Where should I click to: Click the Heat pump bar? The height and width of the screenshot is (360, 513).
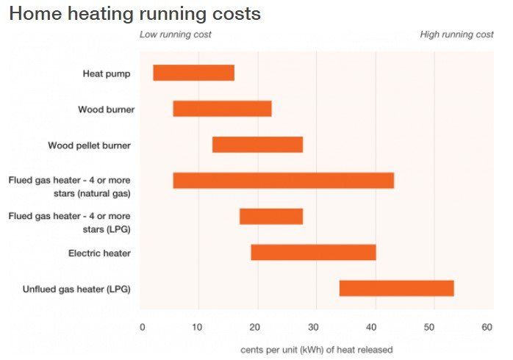pyautogui.click(x=193, y=73)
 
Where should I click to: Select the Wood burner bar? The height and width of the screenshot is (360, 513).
pyautogui.click(x=222, y=109)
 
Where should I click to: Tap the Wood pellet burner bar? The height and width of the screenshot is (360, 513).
pyautogui.click(x=257, y=145)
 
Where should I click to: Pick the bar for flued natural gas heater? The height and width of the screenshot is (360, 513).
pyautogui.click(x=283, y=181)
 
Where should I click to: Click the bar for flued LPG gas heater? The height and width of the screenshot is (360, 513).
pyautogui.click(x=271, y=216)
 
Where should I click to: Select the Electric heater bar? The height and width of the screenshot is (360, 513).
pyautogui.click(x=313, y=252)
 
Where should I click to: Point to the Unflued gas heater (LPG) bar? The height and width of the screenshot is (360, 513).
pyautogui.click(x=396, y=288)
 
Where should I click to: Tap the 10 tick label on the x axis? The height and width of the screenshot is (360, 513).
pyautogui.click(x=197, y=327)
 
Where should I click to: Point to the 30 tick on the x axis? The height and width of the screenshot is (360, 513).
pyautogui.click(x=313, y=327)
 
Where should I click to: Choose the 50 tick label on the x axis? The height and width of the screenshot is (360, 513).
pyautogui.click(x=429, y=327)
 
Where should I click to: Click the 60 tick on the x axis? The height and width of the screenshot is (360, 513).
pyautogui.click(x=487, y=327)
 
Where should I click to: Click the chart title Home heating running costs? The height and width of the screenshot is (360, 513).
pyautogui.click(x=134, y=13)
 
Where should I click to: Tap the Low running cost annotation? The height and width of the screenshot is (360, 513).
pyautogui.click(x=176, y=35)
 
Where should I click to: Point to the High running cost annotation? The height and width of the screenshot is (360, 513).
pyautogui.click(x=456, y=35)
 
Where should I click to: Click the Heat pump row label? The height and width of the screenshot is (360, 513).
pyautogui.click(x=107, y=73)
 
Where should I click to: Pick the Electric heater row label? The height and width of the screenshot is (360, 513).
pyautogui.click(x=99, y=253)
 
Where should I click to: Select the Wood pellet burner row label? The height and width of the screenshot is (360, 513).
pyautogui.click(x=89, y=145)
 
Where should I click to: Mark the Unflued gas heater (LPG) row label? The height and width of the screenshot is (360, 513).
pyautogui.click(x=76, y=289)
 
